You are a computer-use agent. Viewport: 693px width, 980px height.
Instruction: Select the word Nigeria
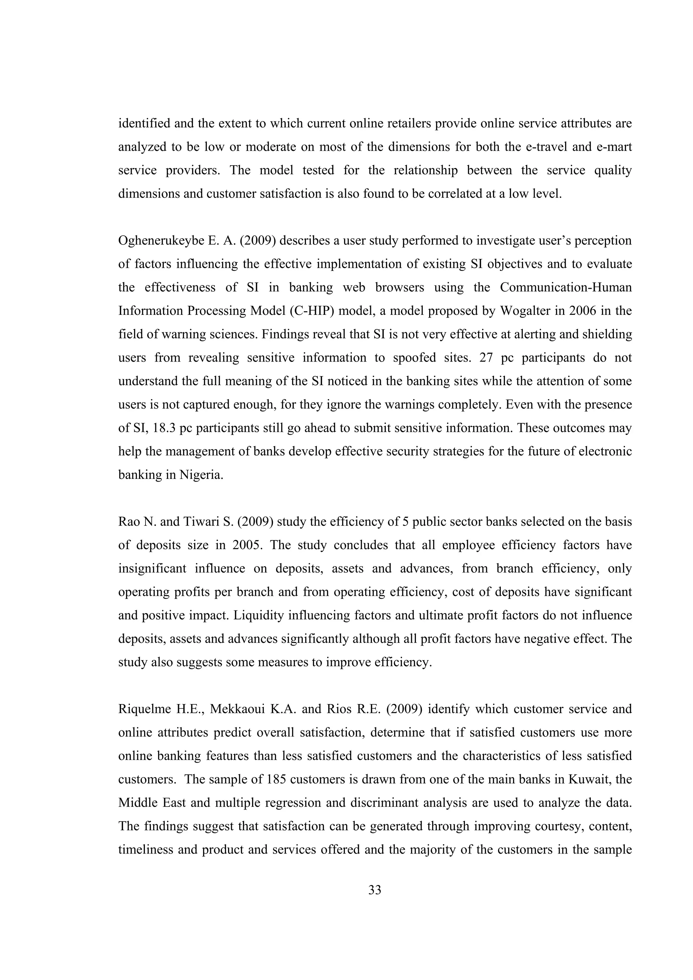click(202, 475)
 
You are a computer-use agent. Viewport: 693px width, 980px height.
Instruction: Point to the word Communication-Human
click(566, 287)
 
